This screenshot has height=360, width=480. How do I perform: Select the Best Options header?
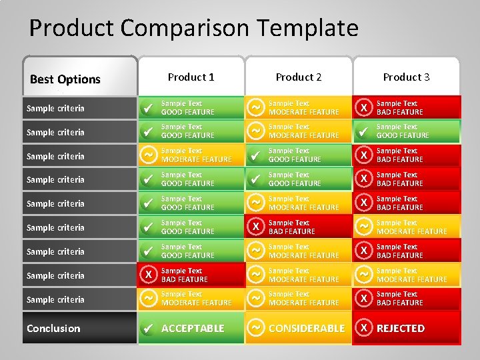coord(65,79)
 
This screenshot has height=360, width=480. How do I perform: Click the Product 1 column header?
coord(191,77)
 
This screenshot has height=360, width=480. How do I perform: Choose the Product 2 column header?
coord(299,77)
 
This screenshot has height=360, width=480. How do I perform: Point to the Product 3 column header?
coord(406,77)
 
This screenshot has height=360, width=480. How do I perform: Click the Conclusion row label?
coord(53,328)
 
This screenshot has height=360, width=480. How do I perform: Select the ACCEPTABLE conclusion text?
coord(193,328)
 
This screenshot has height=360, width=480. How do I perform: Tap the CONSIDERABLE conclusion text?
coord(307,328)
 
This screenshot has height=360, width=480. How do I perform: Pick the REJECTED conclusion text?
coord(400,328)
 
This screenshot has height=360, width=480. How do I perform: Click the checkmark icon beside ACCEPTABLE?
coord(149,328)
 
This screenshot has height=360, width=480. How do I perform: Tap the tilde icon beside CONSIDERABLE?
coord(255,328)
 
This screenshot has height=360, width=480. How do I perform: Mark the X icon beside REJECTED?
coord(363,328)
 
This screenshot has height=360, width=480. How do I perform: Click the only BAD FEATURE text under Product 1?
coord(185,279)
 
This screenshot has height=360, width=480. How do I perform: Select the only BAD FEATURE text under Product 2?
coord(292,231)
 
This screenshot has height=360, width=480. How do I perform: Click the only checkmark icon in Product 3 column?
coord(363,132)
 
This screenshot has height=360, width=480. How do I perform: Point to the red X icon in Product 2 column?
coord(255,227)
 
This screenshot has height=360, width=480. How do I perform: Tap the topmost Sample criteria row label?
coord(55,108)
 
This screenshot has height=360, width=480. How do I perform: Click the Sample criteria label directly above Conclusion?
coord(55,299)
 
